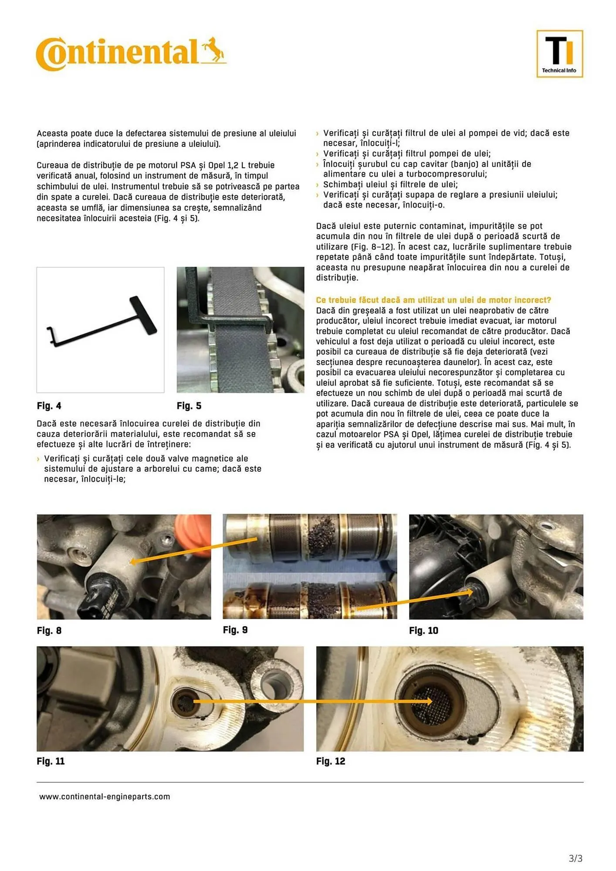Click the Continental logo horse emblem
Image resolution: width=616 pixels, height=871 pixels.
point(213,51)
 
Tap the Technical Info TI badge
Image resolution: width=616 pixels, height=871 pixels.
point(559,54)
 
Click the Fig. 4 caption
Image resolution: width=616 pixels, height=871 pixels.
point(49,406)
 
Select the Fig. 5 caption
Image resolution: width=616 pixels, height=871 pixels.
point(189,406)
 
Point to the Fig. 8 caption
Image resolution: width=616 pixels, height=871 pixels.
point(49,630)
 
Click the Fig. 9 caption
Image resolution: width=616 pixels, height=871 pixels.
point(235,630)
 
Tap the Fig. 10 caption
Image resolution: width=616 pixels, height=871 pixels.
point(423,630)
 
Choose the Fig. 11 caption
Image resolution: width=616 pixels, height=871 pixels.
point(51,761)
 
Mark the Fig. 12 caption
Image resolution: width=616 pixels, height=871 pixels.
point(331,761)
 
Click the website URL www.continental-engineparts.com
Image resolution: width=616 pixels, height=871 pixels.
point(105,797)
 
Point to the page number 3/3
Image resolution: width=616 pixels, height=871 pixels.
point(575,858)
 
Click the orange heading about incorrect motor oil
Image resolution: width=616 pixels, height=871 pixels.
point(433,300)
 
